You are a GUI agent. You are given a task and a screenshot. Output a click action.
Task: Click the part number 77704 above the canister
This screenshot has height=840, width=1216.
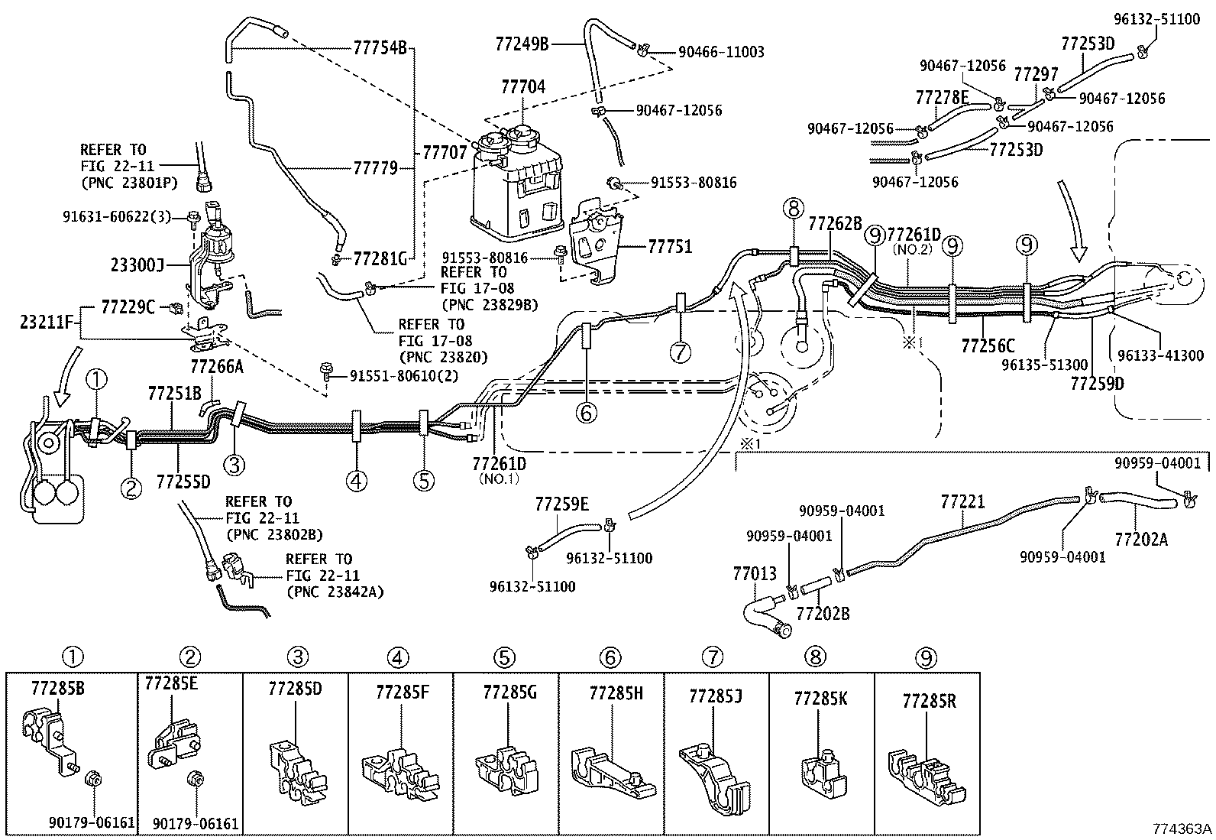523,87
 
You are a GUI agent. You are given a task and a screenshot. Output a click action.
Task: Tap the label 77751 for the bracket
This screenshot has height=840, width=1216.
670,247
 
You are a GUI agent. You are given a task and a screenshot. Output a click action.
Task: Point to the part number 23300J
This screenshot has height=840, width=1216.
137,265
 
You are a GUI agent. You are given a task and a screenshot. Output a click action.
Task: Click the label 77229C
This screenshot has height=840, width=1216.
128,307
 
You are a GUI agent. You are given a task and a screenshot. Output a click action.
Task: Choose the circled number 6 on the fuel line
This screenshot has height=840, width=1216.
586,414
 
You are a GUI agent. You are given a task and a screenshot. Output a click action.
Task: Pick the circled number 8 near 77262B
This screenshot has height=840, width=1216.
793,209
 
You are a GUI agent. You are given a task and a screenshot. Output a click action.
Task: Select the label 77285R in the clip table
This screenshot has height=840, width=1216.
929,702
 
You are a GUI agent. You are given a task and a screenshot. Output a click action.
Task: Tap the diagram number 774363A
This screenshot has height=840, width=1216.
1182,829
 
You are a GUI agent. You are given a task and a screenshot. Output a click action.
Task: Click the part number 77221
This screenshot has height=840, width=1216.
962,501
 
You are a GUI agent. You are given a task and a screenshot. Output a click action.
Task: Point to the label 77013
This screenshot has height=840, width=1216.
755,573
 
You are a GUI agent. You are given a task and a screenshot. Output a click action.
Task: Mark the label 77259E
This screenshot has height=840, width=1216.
562,504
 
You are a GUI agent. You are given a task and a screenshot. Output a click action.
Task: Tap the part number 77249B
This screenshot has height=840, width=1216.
522,44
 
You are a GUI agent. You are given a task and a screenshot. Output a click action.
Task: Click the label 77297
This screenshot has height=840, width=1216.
1036,74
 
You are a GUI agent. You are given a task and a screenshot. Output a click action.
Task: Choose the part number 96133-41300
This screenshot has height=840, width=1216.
1161,355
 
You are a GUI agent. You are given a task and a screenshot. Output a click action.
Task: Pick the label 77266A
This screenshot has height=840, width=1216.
217,367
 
